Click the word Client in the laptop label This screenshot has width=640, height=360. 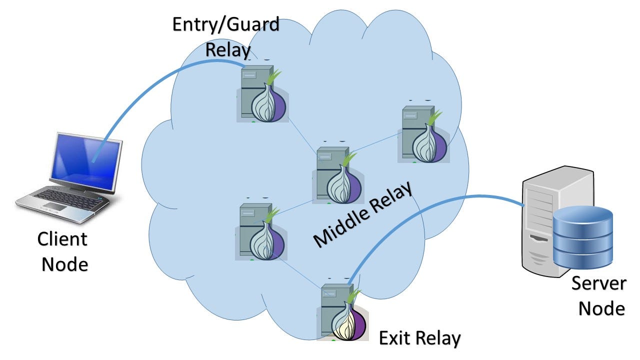[62, 239]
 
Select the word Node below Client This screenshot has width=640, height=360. [64, 263]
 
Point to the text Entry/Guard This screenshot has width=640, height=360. [225, 25]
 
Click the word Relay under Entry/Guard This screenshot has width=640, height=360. [228, 49]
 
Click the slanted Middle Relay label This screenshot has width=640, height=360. [364, 214]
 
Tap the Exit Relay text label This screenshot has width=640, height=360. [419, 338]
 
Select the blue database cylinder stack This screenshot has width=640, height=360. [583, 237]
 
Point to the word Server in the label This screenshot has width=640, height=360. [598, 283]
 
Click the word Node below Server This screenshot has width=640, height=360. [601, 308]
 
